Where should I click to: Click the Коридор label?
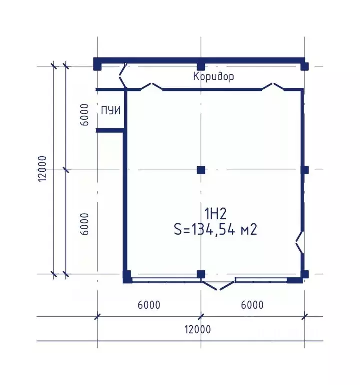tap(213, 76)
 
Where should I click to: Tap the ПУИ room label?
tap(111, 110)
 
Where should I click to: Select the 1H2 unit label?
tap(216, 214)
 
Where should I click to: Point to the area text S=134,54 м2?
tap(216, 230)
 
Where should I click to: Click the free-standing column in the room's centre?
tap(201, 170)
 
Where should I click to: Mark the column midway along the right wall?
tap(305, 170)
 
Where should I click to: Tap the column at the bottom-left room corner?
tap(127, 277)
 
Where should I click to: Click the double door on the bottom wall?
tap(218, 285)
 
